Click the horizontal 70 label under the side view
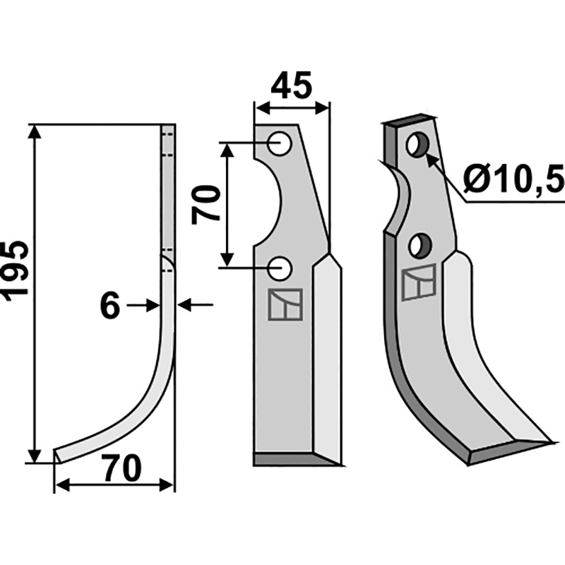pos(121,469)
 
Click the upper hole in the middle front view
pos(280,144)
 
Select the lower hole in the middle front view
pos(280,268)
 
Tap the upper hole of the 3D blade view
pos(417,145)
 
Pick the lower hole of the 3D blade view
pos(420,245)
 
